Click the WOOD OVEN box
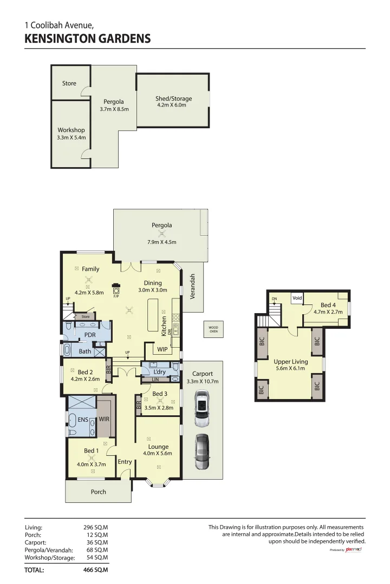[214, 329]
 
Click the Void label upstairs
[297, 298]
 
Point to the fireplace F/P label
[116, 296]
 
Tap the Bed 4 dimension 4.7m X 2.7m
[328, 312]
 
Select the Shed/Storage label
[173, 99]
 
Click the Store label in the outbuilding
[69, 83]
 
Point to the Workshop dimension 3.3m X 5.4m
[71, 138]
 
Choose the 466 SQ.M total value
[95, 569]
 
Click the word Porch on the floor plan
[99, 492]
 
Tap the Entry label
[125, 462]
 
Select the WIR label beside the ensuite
[105, 419]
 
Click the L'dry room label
[159, 372]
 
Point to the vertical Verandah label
[192, 287]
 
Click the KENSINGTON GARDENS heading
[87, 39]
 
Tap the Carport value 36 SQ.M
[97, 542]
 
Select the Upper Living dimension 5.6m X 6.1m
[291, 369]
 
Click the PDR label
[90, 335]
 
